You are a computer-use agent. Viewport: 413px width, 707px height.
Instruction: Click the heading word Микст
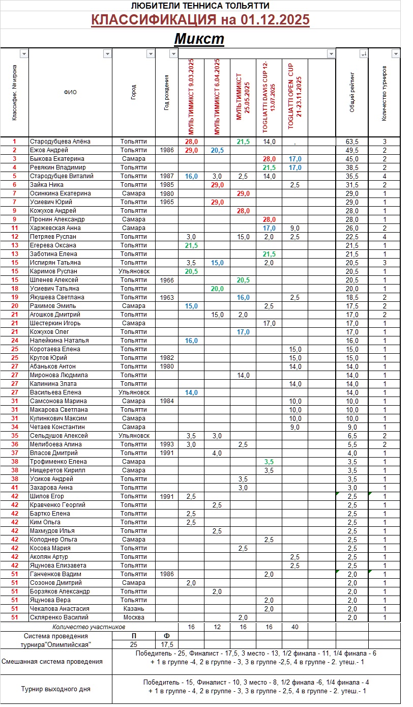[199, 39]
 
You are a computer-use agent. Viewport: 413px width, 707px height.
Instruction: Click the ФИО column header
[70, 93]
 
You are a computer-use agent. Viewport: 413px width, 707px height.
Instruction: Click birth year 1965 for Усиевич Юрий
[166, 202]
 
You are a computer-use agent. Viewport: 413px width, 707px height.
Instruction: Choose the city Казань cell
[134, 609]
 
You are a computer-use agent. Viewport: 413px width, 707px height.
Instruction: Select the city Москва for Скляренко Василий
[134, 617]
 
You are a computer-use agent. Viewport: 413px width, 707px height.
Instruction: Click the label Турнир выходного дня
[56, 689]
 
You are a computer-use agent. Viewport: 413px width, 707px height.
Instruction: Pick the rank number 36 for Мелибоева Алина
[14, 444]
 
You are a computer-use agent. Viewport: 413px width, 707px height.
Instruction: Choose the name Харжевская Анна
[55, 228]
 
